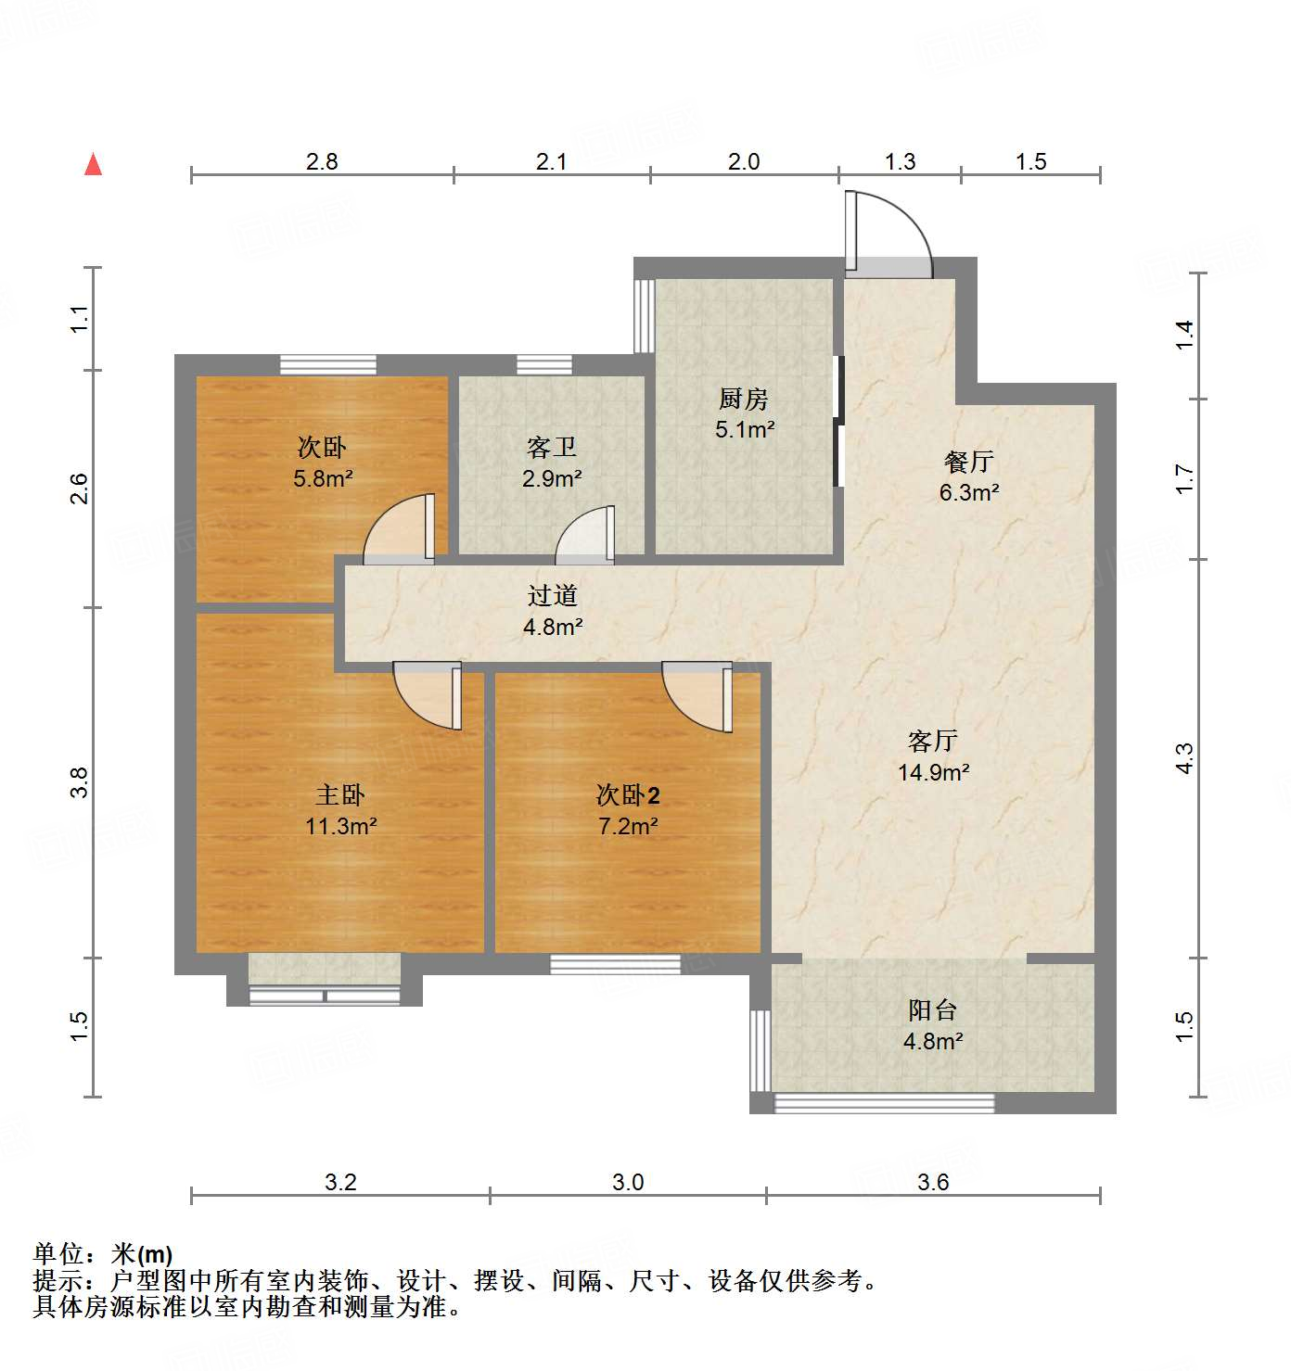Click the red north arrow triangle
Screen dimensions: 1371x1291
click(x=93, y=164)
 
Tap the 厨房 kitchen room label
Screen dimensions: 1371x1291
click(x=744, y=399)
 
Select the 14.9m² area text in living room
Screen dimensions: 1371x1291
click(x=933, y=771)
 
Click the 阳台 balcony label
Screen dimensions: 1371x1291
click(x=932, y=1009)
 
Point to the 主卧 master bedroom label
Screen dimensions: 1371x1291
click(x=340, y=794)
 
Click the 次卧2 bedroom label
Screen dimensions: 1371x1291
click(x=628, y=794)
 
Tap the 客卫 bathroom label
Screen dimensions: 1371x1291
click(x=552, y=448)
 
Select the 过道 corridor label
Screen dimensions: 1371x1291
click(x=552, y=596)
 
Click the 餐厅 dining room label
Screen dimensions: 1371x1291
click(x=968, y=461)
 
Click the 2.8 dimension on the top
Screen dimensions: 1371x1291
click(x=322, y=161)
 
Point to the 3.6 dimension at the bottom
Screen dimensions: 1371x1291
click(x=933, y=1182)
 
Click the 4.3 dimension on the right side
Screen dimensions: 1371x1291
click(x=1184, y=758)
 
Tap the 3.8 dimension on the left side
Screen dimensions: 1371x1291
click(x=80, y=782)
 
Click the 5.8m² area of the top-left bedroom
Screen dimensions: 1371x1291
click(x=323, y=478)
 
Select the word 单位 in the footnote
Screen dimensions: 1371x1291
click(x=58, y=1254)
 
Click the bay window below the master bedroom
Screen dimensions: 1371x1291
click(x=325, y=983)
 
